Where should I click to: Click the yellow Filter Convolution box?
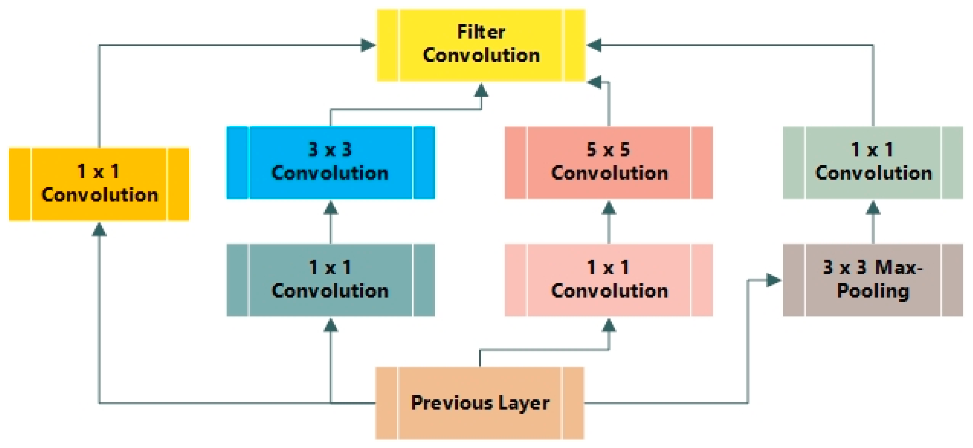(x=481, y=45)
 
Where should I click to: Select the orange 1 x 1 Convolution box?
(x=99, y=184)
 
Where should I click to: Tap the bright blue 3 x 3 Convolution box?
(x=330, y=162)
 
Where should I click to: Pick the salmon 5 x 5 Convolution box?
(x=609, y=162)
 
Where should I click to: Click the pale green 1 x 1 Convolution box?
(x=873, y=162)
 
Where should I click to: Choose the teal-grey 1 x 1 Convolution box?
(x=330, y=280)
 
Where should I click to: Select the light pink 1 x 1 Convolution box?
(x=609, y=280)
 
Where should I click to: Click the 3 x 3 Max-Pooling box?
(x=873, y=280)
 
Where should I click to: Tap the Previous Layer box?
(x=480, y=403)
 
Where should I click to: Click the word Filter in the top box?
(x=481, y=32)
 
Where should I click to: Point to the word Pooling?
(x=873, y=291)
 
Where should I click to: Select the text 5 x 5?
(x=609, y=150)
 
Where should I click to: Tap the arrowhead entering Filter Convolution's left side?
(x=368, y=45)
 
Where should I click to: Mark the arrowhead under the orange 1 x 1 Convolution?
(x=99, y=230)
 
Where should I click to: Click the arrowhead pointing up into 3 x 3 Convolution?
(x=330, y=207)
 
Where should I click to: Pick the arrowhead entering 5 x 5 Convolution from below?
(x=609, y=207)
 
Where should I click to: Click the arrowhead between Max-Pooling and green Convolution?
(x=873, y=207)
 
